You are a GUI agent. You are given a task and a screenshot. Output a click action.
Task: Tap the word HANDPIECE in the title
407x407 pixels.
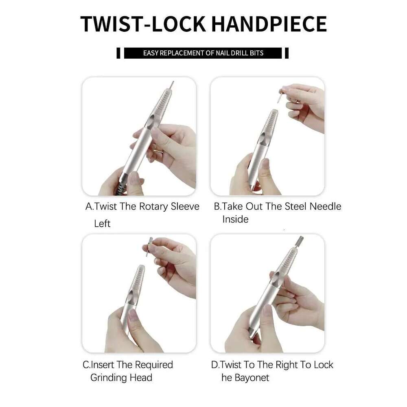(x=269, y=24)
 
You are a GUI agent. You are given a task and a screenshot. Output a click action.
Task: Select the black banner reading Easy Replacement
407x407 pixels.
(x=203, y=53)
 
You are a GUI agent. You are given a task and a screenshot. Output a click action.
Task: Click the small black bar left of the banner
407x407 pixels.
(x=118, y=53)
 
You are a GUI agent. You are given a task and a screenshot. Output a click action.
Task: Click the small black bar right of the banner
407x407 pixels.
(x=287, y=53)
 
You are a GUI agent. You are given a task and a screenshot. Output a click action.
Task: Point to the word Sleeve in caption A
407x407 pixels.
(x=185, y=206)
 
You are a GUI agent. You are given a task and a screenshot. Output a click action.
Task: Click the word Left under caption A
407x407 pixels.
(x=102, y=223)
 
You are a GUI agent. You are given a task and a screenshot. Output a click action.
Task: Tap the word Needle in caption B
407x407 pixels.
(x=325, y=206)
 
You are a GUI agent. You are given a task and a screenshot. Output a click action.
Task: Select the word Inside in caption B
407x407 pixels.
(x=235, y=219)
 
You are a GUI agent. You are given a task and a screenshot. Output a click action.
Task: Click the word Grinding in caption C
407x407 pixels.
(x=108, y=378)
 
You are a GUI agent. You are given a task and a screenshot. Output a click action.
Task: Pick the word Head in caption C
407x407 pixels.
(x=141, y=377)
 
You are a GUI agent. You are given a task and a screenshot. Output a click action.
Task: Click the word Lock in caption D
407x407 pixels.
(x=324, y=365)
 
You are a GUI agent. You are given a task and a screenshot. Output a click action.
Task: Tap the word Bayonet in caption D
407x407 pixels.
(x=252, y=378)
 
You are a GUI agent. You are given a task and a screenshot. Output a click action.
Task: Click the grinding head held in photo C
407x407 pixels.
(x=149, y=246)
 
